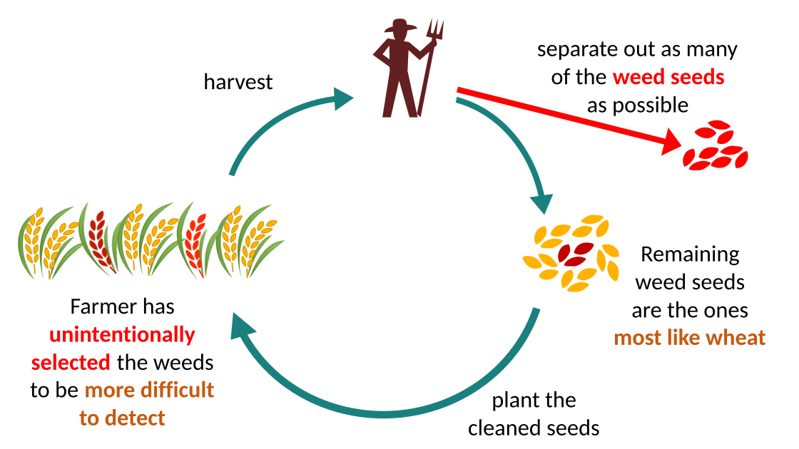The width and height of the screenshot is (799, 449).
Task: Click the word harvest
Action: click(238, 82)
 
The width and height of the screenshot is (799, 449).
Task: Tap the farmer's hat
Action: click(400, 26)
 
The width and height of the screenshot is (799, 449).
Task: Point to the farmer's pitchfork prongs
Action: click(434, 29)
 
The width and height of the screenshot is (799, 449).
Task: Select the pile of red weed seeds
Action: click(715, 146)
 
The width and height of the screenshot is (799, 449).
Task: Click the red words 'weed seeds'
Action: click(667, 77)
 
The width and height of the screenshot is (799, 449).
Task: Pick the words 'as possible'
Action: click(637, 105)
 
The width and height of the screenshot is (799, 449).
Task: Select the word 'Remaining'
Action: click(689, 254)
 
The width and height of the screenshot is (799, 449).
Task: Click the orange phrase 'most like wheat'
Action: click(689, 337)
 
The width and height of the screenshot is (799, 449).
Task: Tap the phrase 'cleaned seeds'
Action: click(533, 428)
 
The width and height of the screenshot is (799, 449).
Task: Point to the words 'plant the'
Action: click(534, 400)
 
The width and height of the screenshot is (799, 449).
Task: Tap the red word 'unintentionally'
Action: click(122, 334)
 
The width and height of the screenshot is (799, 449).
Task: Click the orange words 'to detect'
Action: click(122, 418)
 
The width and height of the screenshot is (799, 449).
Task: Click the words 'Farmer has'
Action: click(122, 306)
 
